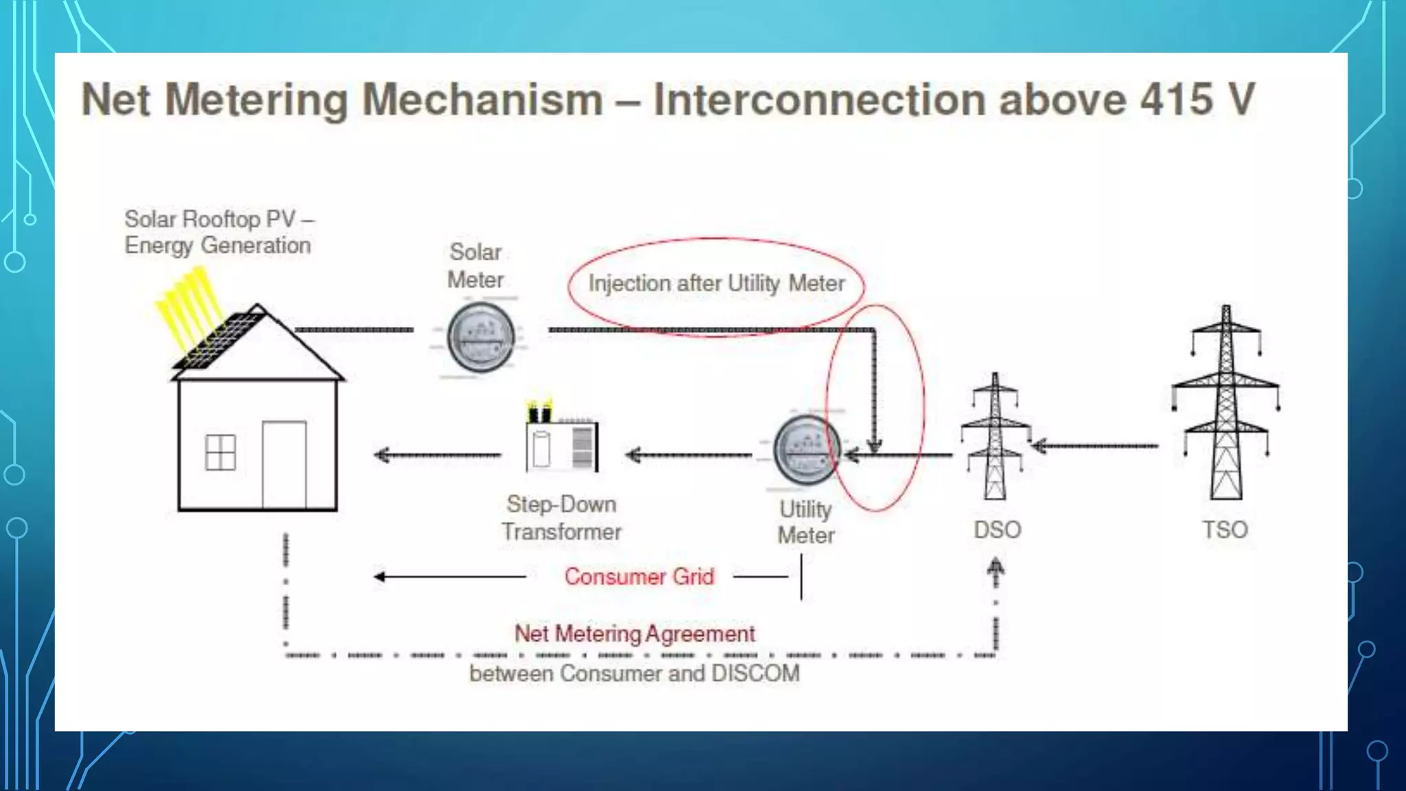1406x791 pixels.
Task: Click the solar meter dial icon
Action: [481, 337]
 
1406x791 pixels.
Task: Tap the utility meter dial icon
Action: [807, 450]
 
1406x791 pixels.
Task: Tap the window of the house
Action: [220, 452]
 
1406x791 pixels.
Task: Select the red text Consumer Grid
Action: [639, 577]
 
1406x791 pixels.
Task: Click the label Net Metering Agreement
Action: [635, 633]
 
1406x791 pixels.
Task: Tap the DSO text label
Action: [998, 529]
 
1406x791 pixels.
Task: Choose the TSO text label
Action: [1225, 529]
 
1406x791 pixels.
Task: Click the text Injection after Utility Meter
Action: [716, 283]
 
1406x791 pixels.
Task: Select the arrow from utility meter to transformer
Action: [689, 455]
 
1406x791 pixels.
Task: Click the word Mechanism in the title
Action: [483, 100]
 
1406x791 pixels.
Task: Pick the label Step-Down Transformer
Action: [561, 518]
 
